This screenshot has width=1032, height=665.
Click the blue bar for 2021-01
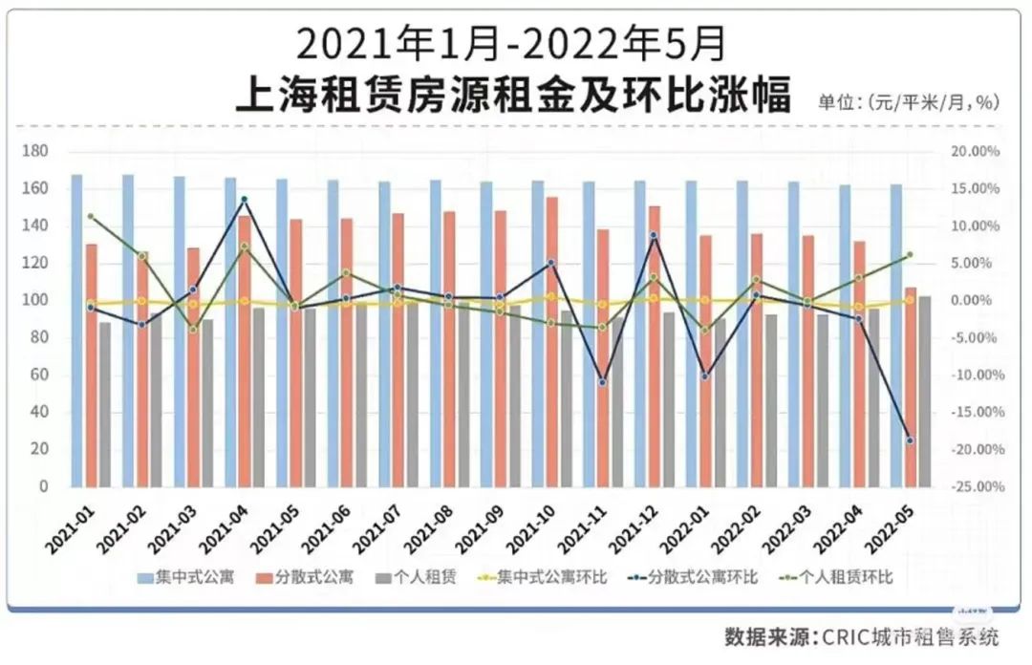coord(76,330)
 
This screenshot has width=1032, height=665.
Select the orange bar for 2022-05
coord(911,387)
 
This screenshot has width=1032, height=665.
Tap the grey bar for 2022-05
coord(924,391)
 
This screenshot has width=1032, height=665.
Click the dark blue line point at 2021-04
coord(245,200)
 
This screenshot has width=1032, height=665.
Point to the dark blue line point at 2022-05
coord(910,440)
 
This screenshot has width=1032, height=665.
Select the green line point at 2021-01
coord(91,216)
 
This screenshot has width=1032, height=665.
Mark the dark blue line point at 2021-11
coord(603,382)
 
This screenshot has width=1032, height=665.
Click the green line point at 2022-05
coord(910,255)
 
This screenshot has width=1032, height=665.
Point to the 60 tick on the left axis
coord(38,375)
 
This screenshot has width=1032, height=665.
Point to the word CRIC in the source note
coord(836,636)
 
